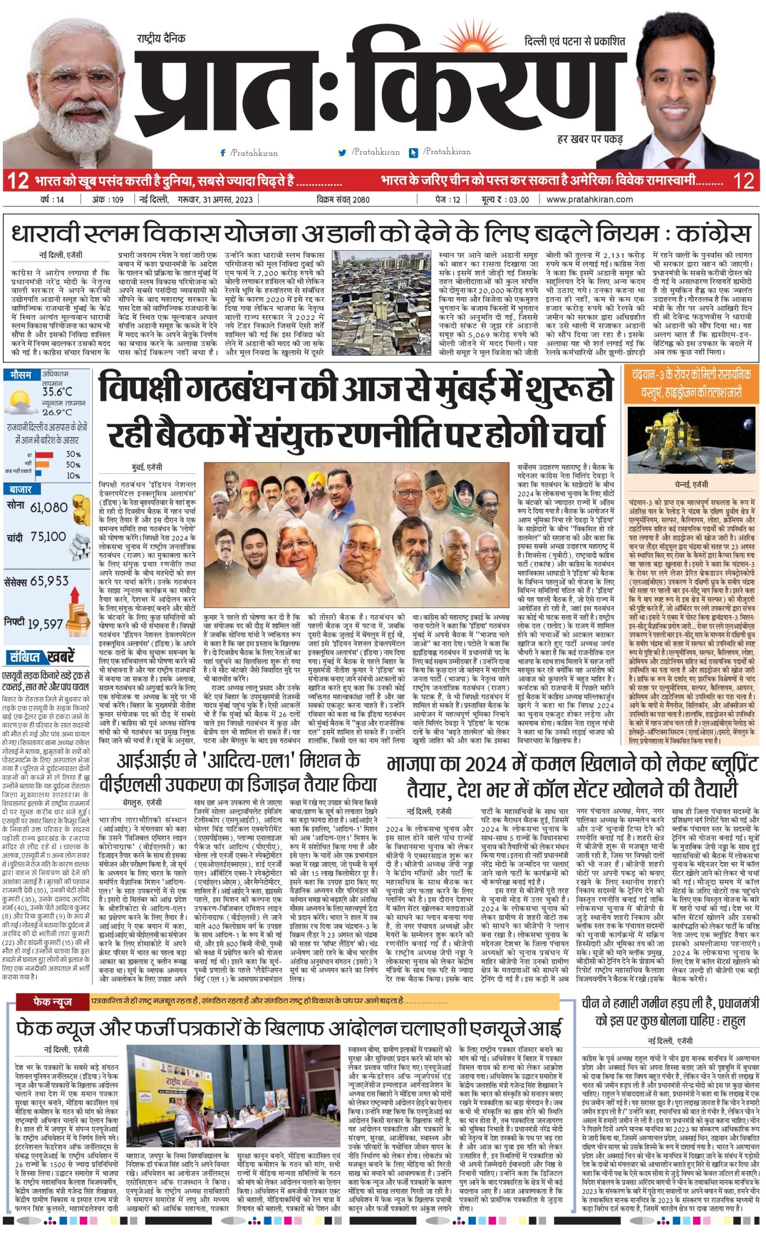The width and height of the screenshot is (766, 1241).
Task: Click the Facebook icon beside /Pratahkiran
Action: click(x=222, y=153)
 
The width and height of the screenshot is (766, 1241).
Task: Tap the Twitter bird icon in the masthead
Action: click(x=343, y=153)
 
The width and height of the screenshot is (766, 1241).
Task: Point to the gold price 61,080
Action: click(x=48, y=507)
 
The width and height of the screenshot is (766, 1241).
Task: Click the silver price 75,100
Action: click(x=48, y=537)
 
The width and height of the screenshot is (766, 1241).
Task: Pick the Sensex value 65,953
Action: click(x=49, y=581)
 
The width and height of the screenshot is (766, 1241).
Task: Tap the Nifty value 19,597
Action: click(x=45, y=624)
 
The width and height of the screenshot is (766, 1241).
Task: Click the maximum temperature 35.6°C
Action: click(x=57, y=392)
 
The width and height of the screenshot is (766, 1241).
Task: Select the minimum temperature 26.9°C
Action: click(x=57, y=412)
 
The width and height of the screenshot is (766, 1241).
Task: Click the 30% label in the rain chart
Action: click(x=73, y=454)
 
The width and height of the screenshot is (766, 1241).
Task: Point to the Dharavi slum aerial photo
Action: click(x=381, y=302)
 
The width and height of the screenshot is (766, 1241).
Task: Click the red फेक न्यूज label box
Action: click(x=53, y=1002)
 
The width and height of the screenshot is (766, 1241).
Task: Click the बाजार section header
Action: click(x=20, y=490)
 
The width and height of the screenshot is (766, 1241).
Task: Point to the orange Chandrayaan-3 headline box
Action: click(x=690, y=383)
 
